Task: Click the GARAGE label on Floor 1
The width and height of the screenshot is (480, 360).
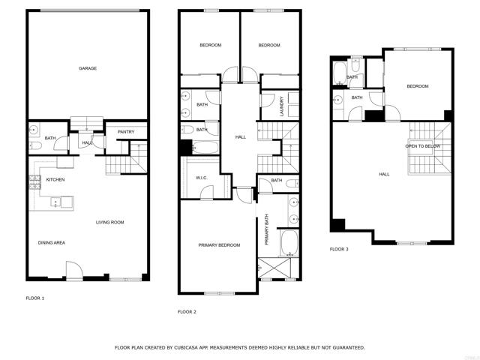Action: coord(88,68)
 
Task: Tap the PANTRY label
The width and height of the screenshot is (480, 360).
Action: coord(126,132)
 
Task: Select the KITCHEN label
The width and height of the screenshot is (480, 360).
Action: coord(55,180)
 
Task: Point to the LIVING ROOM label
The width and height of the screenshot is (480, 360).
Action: coord(109,222)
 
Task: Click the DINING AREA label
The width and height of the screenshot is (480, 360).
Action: coord(52,242)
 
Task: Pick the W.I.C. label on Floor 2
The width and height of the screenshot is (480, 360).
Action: coord(201,178)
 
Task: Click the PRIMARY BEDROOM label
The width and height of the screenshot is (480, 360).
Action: coord(219,245)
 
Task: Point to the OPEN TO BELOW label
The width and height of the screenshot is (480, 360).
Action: coord(424,146)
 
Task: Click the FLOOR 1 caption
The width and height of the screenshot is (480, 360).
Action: coord(35,298)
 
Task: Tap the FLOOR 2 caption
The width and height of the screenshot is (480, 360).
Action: coord(187,311)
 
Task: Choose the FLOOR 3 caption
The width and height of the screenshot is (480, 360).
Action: coord(339,249)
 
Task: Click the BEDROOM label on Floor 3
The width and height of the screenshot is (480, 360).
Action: coord(418,86)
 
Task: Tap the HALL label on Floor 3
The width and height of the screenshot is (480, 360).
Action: coord(384,174)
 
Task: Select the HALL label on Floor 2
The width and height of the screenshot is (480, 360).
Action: coord(241,137)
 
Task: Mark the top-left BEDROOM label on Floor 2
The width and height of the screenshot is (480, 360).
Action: coord(210,45)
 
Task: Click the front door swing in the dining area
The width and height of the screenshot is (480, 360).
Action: coord(73,271)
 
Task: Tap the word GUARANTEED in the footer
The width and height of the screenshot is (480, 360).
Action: coord(347,348)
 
